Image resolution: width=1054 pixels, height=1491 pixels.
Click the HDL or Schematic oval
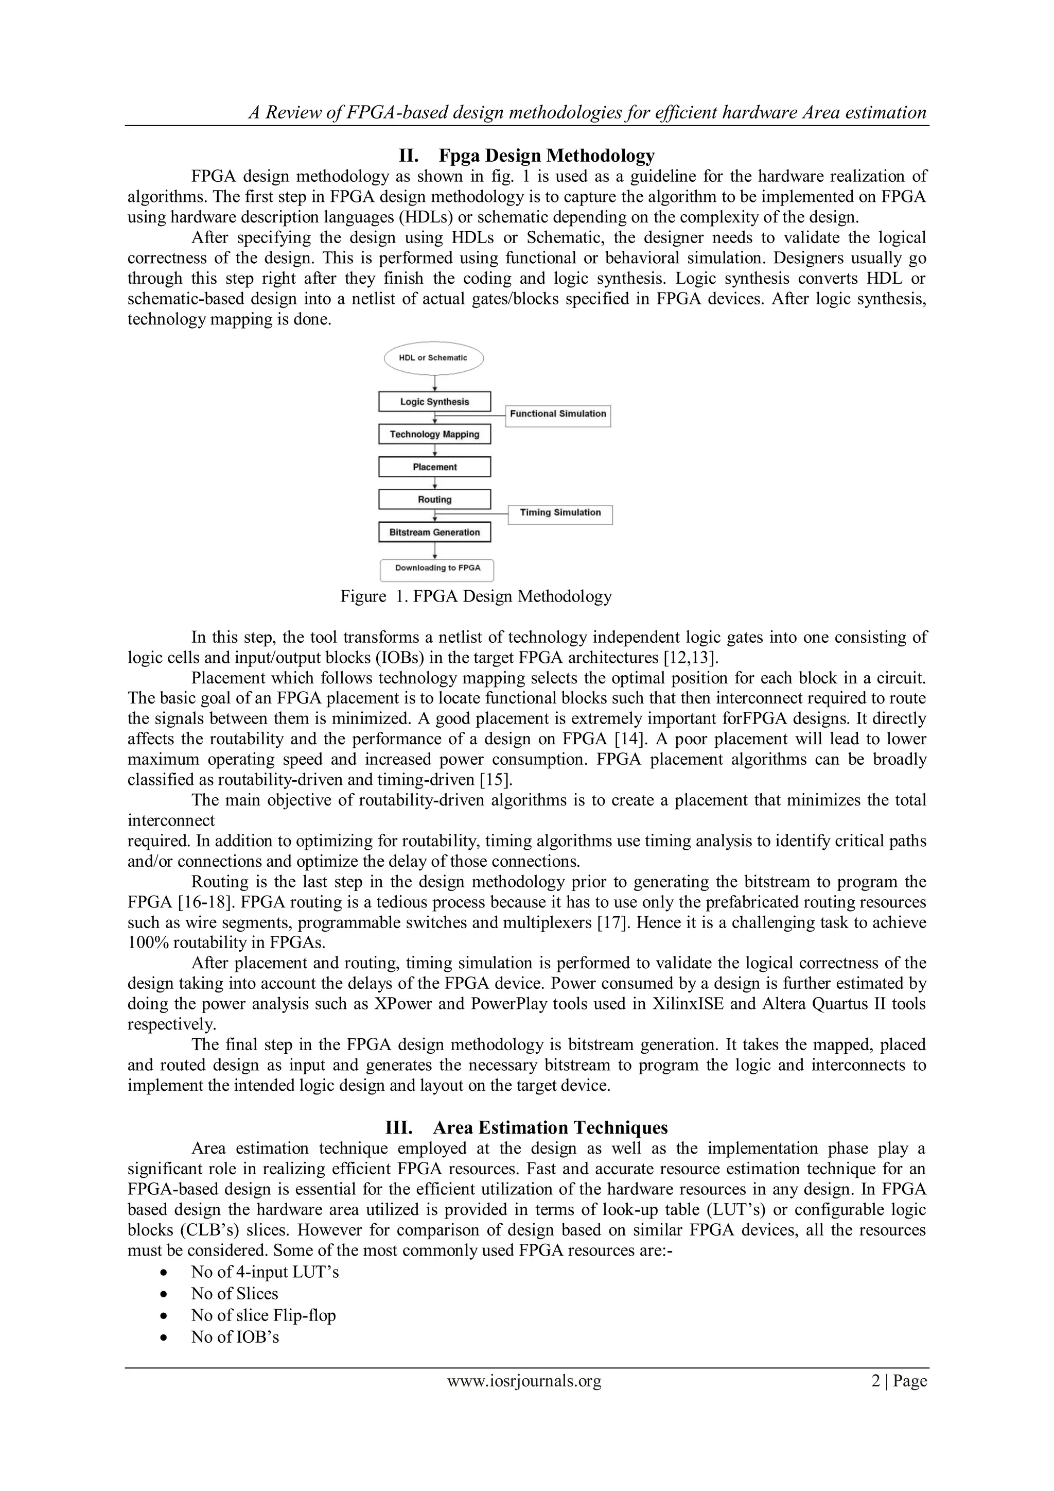pos(433,358)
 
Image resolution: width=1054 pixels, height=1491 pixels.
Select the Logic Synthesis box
pos(434,402)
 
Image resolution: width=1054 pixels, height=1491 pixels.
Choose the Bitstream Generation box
pos(434,533)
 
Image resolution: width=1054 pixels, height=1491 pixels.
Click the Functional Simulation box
pos(557,414)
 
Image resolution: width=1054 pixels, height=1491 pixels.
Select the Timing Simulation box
pos(559,513)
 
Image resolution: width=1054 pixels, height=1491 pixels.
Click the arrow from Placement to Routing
pos(435,483)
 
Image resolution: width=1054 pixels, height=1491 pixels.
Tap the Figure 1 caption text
pos(476,596)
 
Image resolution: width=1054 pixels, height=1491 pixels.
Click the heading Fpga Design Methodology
pos(526,156)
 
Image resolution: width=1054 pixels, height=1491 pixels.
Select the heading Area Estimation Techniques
pos(526,1128)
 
